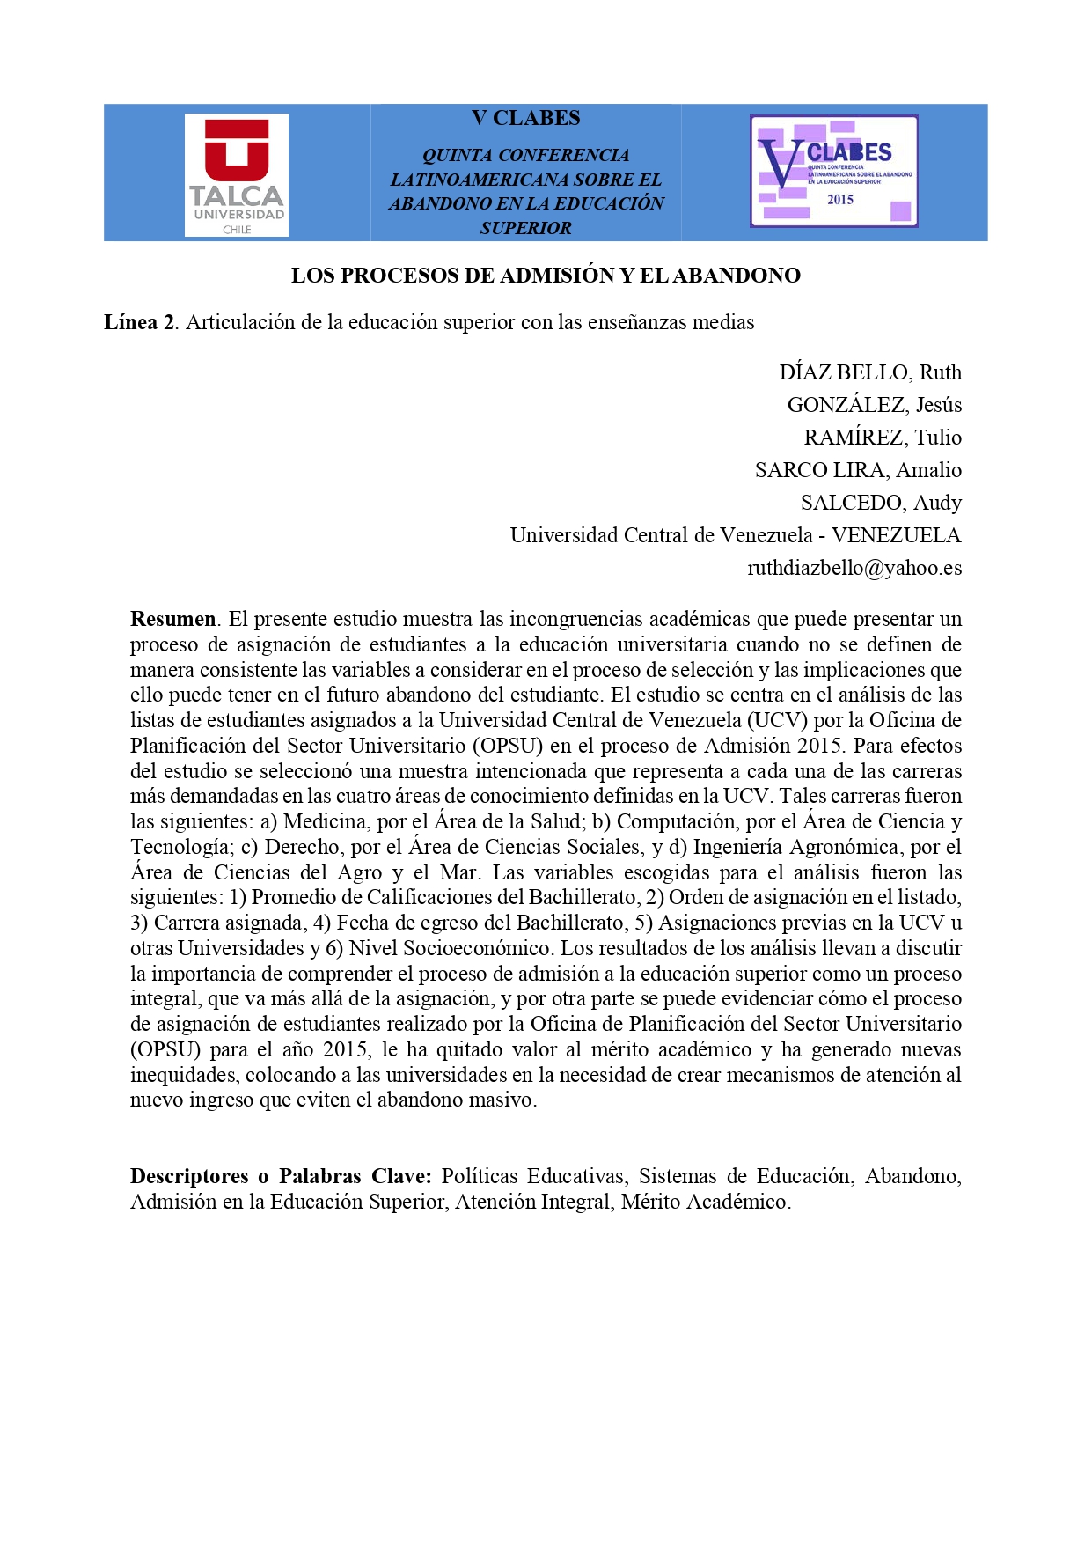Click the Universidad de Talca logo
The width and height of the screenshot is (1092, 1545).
coord(236,175)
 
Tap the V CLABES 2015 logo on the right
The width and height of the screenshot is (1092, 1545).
coord(833,171)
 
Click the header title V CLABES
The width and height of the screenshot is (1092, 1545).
coord(525,118)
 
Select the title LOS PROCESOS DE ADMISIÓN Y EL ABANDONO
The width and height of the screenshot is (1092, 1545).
coord(546,276)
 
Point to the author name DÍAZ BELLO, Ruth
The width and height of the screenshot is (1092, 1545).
coord(869,372)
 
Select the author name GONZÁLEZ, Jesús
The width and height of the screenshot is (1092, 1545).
coord(874,405)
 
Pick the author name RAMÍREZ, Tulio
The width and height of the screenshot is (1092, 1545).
coord(882,438)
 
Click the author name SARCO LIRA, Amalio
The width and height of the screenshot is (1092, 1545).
coord(858,470)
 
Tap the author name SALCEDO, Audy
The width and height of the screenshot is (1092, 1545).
coord(881,503)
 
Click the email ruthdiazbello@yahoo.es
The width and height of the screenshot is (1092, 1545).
coord(854,568)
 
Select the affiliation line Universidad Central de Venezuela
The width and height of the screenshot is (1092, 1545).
coord(661,535)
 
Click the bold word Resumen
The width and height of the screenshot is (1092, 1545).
coord(172,619)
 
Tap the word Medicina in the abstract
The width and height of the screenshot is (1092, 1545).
coord(325,822)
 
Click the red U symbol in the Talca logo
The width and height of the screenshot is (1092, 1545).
coord(236,150)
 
